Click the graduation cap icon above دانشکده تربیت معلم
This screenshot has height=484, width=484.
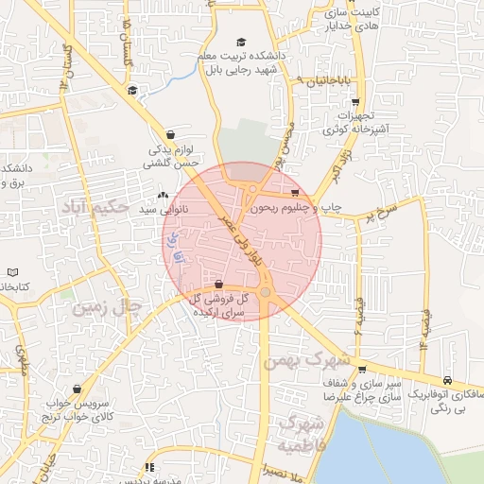pyautogui.click(x=240, y=43)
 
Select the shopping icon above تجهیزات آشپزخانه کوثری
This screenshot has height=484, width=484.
pyautogui.click(x=354, y=102)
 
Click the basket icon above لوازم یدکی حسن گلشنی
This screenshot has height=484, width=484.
pyautogui.click(x=170, y=134)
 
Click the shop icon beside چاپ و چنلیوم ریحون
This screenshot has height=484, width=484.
pyautogui.click(x=295, y=194)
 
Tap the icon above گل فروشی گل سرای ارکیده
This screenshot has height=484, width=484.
pyautogui.click(x=219, y=284)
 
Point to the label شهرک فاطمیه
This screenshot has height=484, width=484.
pyautogui.click(x=293, y=431)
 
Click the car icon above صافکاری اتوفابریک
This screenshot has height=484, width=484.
pyautogui.click(x=447, y=382)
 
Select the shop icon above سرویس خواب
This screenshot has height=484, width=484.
pyautogui.click(x=77, y=389)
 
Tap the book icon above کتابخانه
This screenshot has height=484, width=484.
pyautogui.click(x=12, y=272)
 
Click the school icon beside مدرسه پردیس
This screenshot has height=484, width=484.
pyautogui.click(x=149, y=467)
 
